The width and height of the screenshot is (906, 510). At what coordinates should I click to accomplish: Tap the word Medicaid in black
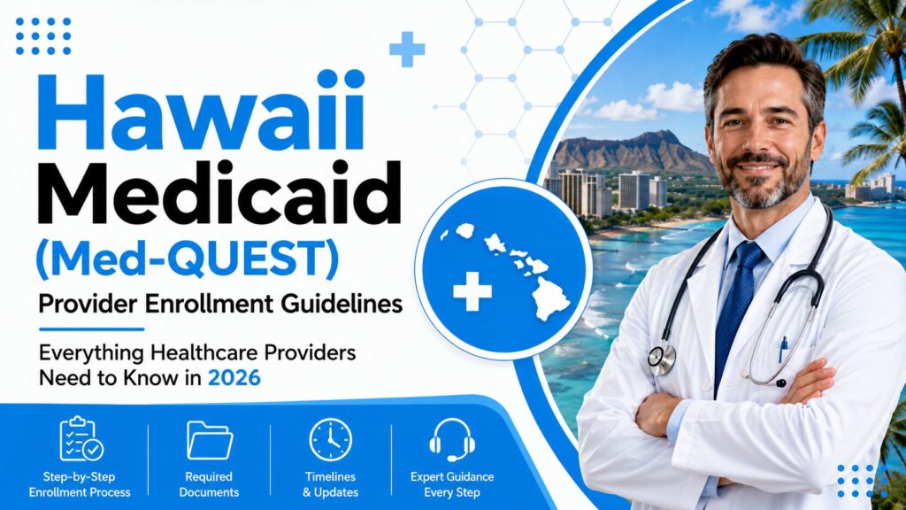219,194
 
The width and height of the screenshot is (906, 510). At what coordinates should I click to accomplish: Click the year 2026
234,378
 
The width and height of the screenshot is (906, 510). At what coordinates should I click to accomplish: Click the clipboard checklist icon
81,439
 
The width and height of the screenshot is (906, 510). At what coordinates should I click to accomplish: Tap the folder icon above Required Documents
209,441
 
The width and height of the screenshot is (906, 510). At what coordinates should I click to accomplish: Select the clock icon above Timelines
331,440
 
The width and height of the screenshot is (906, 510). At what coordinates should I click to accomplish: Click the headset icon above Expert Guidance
452,439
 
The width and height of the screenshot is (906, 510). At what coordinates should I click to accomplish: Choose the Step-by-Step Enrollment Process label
80,484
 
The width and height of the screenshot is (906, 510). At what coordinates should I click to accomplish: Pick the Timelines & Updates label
331,484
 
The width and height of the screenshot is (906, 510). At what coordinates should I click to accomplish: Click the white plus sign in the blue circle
472,290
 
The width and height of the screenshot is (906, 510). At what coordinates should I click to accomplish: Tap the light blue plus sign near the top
407,50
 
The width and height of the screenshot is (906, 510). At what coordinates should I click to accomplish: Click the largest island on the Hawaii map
549,297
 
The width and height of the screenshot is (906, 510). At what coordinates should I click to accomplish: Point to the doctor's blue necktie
735,313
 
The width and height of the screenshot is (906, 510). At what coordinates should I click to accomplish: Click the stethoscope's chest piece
662,359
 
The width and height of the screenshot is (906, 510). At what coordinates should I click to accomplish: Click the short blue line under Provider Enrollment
91,329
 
